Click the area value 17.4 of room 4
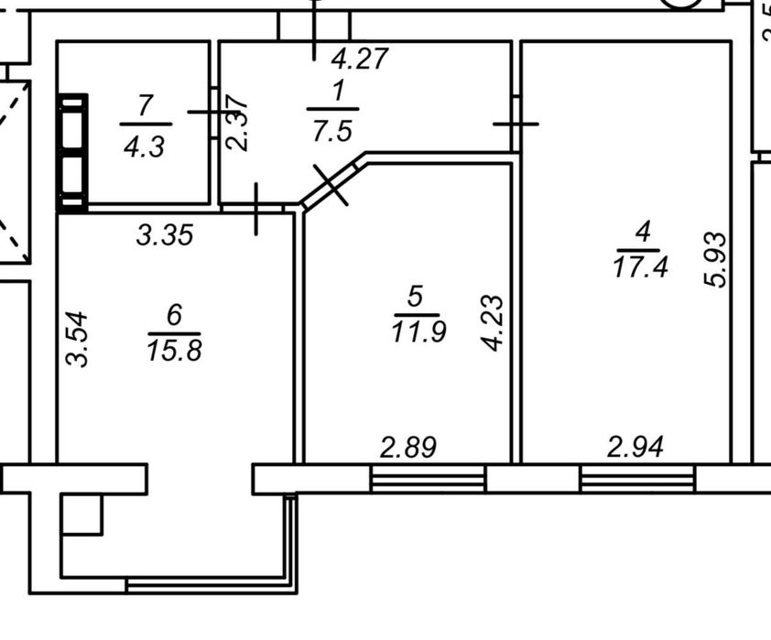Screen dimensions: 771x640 click(641, 268)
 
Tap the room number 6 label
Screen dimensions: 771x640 click(175, 315)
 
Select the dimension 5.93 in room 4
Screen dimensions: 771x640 click(714, 260)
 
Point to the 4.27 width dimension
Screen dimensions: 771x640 click(361, 59)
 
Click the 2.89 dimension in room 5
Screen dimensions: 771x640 click(408, 448)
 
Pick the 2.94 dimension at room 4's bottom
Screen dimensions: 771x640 click(635, 447)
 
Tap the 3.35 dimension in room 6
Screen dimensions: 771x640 click(165, 234)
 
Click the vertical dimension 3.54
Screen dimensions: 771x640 click(77, 339)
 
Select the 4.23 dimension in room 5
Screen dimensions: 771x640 click(493, 323)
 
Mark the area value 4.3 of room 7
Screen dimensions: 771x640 click(144, 147)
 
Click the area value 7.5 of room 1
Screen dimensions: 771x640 click(332, 132)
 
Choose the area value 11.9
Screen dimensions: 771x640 click(419, 331)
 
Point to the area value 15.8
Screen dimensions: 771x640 click(174, 351)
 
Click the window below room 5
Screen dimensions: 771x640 click(429, 478)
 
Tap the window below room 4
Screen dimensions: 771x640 click(637, 478)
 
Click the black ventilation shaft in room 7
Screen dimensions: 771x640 click(72, 154)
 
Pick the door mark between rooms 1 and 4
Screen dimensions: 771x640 click(516, 124)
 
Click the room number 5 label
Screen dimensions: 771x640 click(416, 297)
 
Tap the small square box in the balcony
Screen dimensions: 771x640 click(81, 515)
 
